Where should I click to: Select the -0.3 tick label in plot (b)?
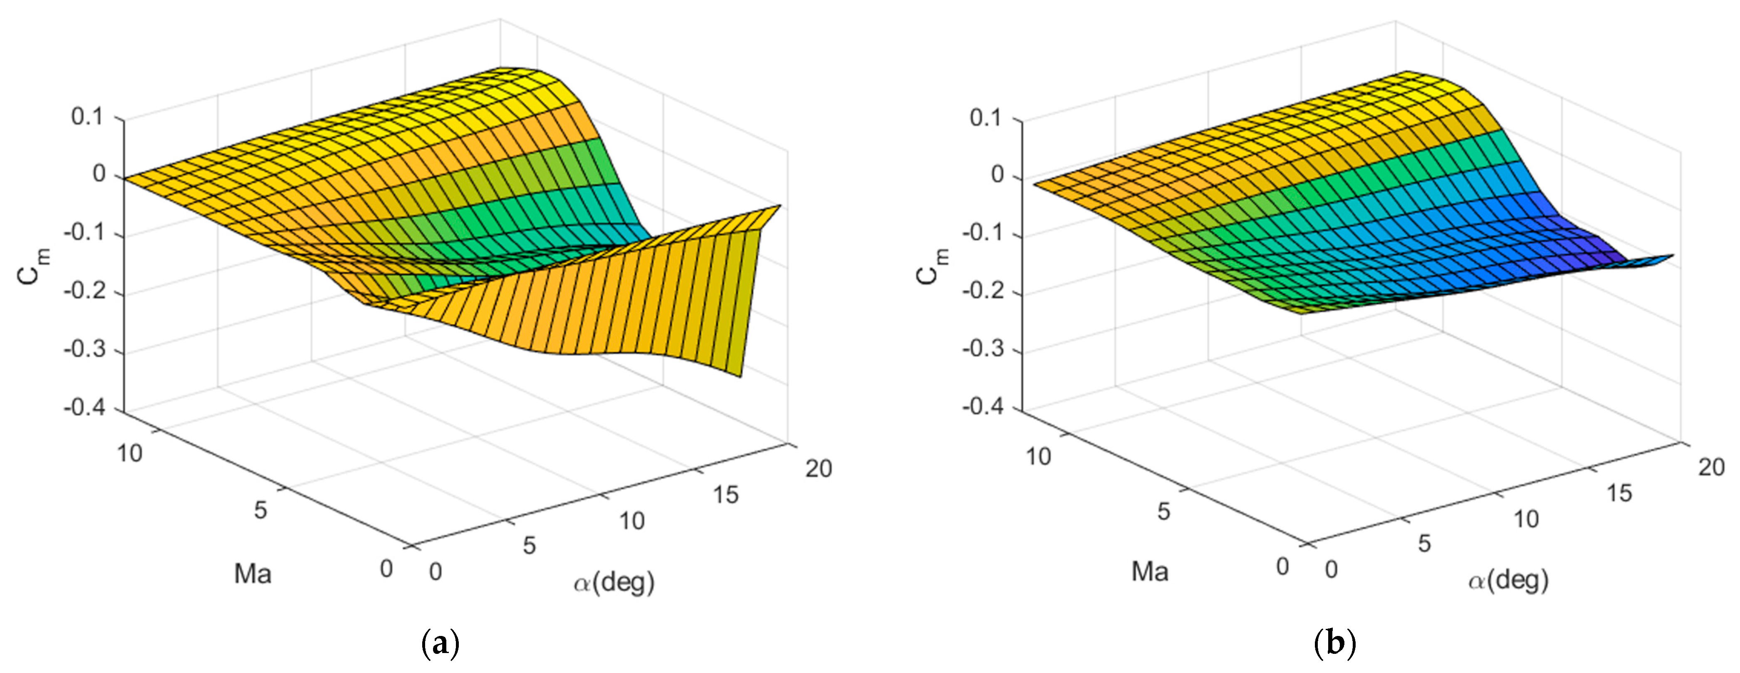(983, 349)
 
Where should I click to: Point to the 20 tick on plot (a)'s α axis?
(818, 468)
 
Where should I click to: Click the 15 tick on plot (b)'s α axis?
(1619, 493)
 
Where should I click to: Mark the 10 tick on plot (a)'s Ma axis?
(130, 453)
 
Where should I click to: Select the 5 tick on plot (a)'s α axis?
(529, 545)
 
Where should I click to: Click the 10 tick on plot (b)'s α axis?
(1526, 519)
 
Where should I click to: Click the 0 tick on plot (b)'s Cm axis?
(997, 175)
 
